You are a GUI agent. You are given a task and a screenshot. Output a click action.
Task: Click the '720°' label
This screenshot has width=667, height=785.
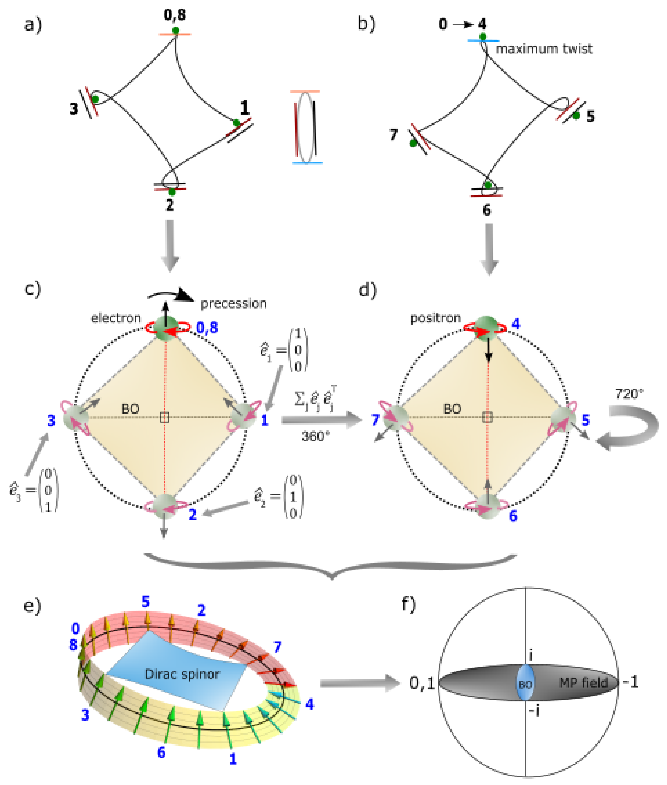(x=629, y=394)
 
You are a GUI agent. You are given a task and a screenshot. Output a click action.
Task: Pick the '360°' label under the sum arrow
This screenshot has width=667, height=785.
(x=315, y=437)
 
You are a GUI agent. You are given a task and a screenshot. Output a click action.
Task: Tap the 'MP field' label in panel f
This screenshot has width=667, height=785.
(x=583, y=683)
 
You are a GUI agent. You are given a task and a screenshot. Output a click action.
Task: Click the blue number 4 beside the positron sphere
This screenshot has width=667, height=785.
(x=515, y=324)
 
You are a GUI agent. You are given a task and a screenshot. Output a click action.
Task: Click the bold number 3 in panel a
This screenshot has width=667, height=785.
(x=74, y=109)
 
